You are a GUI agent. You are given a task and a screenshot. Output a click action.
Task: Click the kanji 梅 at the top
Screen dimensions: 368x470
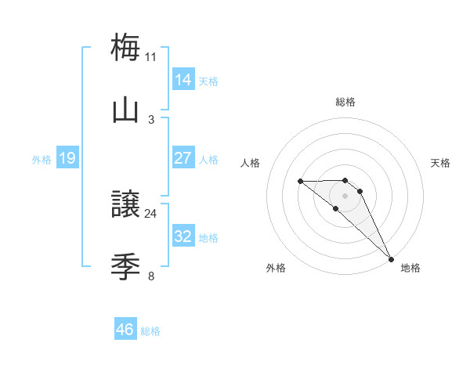coord(126,47)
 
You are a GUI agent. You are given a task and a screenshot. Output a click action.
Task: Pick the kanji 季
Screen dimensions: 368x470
coord(126,268)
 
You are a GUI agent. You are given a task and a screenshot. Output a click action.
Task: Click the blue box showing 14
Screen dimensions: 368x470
coord(183,80)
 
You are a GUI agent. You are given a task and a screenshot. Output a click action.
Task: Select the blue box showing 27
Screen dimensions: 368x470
coord(183,158)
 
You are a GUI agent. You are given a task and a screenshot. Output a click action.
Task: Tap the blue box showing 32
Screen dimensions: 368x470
coord(183,236)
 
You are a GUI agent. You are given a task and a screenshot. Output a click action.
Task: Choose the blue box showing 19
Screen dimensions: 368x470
coord(67,158)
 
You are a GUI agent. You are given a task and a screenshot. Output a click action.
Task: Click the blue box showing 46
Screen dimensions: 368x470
coord(125,330)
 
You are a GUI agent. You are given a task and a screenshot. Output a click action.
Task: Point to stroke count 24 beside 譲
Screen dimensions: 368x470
coord(151,213)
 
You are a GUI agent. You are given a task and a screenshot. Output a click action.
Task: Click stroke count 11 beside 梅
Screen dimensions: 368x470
coord(151,56)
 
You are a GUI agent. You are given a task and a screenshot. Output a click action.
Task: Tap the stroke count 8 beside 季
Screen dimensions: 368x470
coord(151,276)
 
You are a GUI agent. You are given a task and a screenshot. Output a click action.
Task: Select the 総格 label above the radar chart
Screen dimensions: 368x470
coord(345,102)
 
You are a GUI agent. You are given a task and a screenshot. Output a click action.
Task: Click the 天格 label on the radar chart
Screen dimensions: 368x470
coord(441,163)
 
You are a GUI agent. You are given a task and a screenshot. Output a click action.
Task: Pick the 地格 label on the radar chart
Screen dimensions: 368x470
coord(410,269)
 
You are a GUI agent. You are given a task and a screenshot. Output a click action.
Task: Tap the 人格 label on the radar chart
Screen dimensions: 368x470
coord(250,163)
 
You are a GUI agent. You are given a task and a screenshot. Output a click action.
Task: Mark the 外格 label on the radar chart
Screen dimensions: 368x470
coord(276,269)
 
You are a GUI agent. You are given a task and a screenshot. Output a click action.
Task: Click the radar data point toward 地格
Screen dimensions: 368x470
coord(391,259)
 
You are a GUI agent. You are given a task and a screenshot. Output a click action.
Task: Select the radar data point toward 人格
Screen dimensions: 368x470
coord(301,182)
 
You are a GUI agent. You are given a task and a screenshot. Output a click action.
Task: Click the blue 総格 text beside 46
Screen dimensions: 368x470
coord(150,331)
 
